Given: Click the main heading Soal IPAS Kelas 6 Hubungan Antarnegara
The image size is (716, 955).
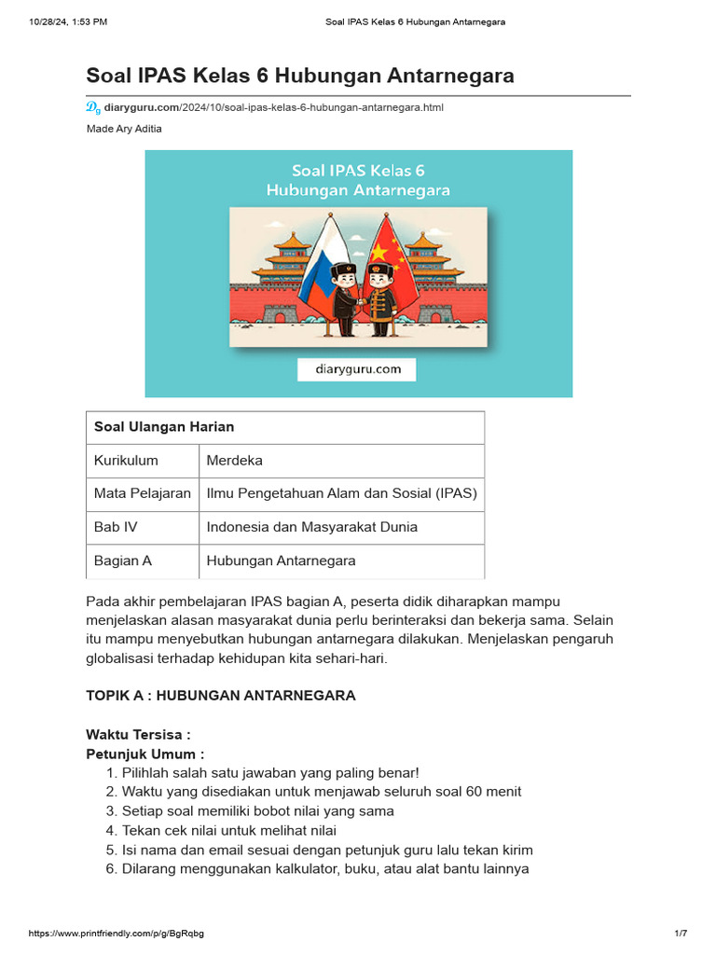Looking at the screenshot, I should (x=299, y=76).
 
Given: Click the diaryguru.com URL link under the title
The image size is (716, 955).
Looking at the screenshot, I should (x=273, y=107).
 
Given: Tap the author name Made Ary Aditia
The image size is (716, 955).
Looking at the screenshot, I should (x=124, y=129).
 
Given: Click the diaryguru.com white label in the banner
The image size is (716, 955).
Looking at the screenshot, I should (x=357, y=369).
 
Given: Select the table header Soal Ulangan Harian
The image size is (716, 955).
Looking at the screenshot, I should (x=164, y=427).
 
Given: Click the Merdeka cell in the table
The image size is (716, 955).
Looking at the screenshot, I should (x=235, y=461).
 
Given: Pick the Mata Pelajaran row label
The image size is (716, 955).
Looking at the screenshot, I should (x=142, y=494).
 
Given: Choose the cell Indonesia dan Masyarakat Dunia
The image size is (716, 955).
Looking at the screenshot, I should (x=311, y=528).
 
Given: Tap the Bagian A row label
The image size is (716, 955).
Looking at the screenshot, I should (x=123, y=561).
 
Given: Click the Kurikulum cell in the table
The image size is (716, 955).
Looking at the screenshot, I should (x=126, y=461).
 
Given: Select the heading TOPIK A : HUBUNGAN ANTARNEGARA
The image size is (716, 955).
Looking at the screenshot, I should (x=220, y=696).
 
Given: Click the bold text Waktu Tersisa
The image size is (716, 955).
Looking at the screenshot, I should (x=138, y=735).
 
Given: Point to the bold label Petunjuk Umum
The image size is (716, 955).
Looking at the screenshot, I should (x=145, y=754).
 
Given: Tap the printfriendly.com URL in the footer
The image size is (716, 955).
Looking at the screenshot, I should (x=117, y=934).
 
